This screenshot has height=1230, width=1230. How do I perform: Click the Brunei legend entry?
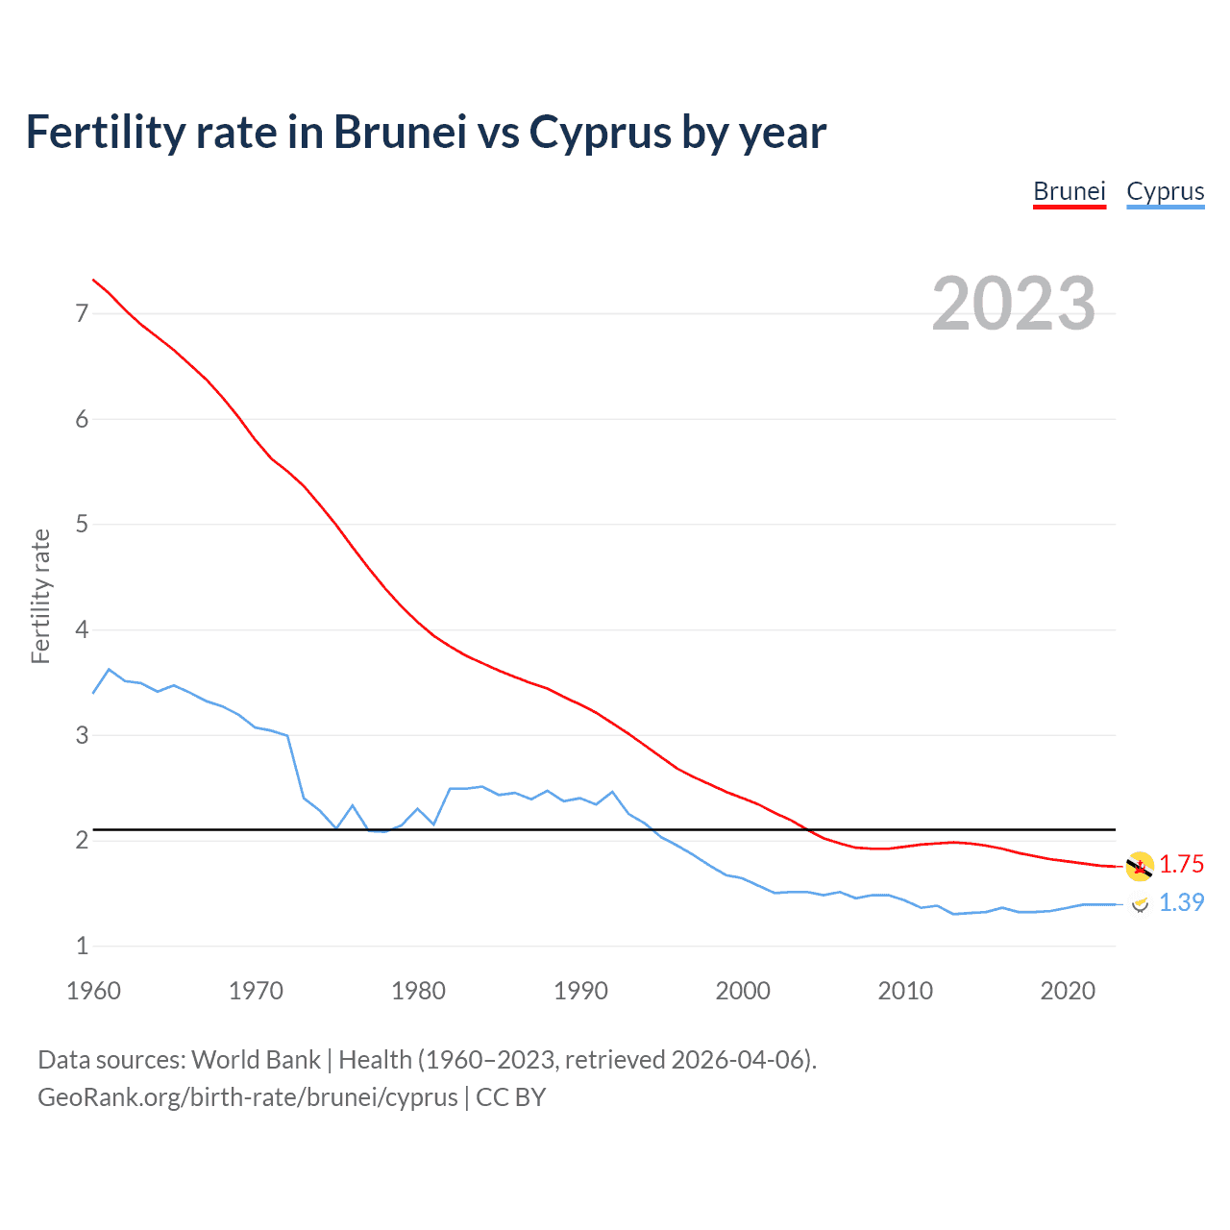1070,191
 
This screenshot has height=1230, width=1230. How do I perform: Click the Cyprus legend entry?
1165,191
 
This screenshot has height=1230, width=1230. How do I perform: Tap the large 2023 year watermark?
1013,304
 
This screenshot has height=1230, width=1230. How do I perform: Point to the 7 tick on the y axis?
82,313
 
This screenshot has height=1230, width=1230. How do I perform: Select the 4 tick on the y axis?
82,629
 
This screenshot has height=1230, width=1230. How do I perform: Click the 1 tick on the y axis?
82,946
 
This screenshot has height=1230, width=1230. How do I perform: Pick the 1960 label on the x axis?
93,991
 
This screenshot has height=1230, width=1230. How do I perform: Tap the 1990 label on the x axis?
580,991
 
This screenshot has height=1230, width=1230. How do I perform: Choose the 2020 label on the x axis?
1068,991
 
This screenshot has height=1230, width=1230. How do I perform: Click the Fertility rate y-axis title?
40,596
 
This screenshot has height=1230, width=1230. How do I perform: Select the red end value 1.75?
1181,864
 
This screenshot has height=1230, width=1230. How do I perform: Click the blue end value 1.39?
1181,902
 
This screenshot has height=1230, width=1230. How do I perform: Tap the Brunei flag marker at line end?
1140,866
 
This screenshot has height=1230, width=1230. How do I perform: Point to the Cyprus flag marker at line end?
1140,903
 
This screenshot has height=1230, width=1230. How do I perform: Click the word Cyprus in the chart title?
601,133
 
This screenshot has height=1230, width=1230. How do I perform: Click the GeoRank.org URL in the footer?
247,1097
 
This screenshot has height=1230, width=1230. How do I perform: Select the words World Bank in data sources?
256,1060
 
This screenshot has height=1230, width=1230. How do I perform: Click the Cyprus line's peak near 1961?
110,669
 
